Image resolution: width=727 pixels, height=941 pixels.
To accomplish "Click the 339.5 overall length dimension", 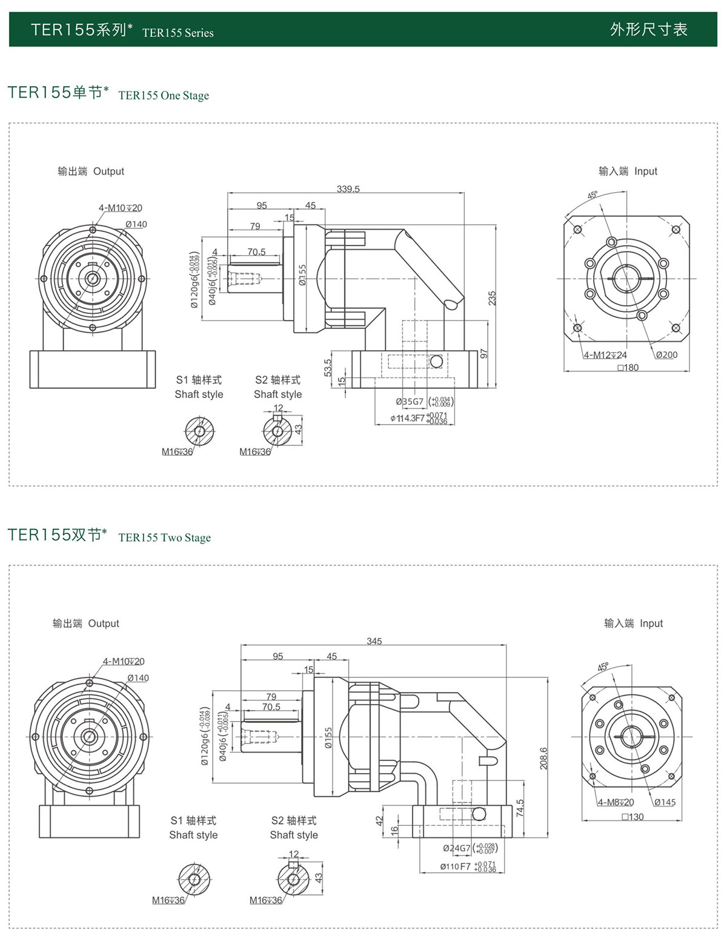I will point(348,189).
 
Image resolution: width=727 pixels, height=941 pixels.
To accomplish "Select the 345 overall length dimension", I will point(374,641).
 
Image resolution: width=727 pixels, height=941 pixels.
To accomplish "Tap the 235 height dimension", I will point(492,298).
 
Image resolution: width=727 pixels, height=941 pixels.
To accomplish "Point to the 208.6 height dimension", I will point(543,758).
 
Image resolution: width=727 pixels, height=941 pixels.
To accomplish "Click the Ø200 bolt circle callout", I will point(666,355).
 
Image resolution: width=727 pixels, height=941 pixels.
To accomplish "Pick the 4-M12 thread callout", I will point(605,355).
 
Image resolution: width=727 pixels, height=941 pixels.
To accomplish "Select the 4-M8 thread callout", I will point(616,802).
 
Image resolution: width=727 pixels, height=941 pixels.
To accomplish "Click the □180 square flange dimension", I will point(628,368).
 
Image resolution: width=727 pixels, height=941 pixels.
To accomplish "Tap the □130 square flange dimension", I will point(632,817).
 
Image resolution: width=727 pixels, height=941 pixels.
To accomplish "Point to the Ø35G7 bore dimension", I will point(410,402).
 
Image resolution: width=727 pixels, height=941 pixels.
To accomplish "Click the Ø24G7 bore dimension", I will point(456,848).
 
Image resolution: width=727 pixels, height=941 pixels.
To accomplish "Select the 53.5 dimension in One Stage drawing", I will point(328,368).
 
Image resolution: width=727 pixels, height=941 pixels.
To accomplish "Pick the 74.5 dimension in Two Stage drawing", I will point(520,808).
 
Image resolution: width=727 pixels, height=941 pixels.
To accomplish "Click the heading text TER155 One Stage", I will point(164,96).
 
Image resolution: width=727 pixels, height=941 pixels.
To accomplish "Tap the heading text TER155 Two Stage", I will point(165,538).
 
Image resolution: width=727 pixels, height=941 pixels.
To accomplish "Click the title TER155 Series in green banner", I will point(178,33).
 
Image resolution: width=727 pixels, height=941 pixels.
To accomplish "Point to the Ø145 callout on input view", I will point(665,802).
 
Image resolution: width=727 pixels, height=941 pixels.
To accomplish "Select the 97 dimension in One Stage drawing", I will point(483,353).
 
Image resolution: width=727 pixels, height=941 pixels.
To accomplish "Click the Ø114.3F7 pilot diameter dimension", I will point(408,419).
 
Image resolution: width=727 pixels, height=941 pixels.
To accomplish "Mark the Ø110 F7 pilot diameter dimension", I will point(456,866).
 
